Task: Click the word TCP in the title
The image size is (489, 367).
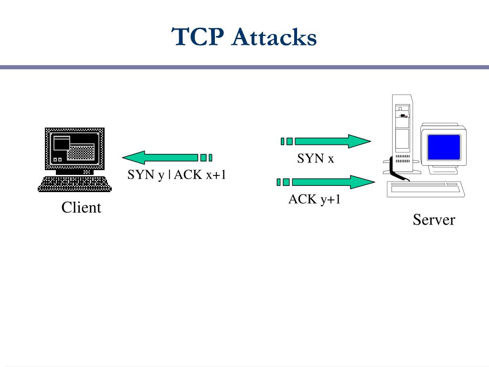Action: tap(198, 37)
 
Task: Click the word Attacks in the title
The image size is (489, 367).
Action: tap(274, 37)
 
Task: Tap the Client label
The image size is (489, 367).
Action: tap(81, 207)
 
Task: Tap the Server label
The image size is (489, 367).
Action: tap(434, 219)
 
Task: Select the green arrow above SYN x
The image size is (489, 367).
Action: tap(326, 141)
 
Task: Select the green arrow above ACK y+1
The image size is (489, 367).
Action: tap(326, 182)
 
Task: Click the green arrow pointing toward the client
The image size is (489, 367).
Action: tap(167, 158)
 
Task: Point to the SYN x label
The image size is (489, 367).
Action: tap(315, 159)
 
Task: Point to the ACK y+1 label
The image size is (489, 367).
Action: tap(314, 199)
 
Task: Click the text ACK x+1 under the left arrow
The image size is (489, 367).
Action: tap(200, 175)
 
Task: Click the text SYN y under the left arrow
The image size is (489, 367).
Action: tap(146, 175)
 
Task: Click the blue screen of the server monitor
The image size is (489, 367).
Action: tap(444, 147)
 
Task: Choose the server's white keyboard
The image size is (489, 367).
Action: tap(426, 189)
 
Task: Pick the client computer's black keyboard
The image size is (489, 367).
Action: tap(74, 184)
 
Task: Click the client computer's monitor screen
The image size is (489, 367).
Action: tap(74, 149)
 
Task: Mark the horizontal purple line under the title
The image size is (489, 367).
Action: tap(244, 67)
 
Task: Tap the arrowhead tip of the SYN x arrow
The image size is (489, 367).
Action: tap(371, 141)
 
